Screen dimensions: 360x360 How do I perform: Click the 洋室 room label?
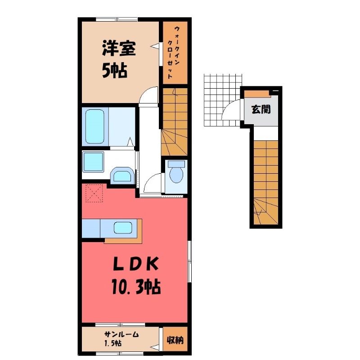coord(119,49)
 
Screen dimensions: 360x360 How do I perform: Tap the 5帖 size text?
coord(115,71)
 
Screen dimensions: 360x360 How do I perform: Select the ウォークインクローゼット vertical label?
coord(174,52)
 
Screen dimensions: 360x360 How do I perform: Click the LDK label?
coord(136,264)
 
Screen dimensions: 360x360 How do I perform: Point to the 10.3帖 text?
coord(136,286)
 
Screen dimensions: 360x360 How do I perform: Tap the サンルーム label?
coord(121,334)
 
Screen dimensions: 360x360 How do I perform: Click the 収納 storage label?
coord(175,340)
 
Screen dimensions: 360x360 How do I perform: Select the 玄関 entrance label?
coord(261,109)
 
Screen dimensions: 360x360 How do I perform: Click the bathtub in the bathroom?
coord(95,126)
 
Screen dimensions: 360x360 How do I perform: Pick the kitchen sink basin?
coord(123,228)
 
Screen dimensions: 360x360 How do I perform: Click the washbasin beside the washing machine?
coord(122,175)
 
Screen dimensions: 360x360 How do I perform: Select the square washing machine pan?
coord(93,162)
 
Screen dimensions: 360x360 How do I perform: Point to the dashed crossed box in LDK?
coord(94,193)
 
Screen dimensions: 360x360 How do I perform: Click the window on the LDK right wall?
coord(189,261)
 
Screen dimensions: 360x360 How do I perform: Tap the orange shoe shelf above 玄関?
coord(256,94)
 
